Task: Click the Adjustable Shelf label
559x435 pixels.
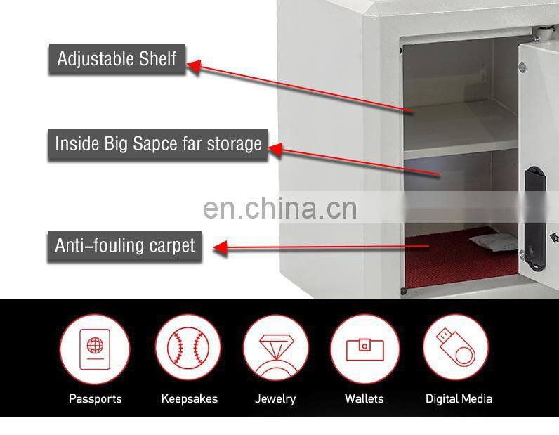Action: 117,58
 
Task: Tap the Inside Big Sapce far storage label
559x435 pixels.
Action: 158,144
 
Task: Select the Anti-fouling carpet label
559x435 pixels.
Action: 124,246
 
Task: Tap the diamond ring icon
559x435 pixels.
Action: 275,347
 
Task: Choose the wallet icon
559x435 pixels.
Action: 364,347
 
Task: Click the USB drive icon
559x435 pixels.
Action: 456,347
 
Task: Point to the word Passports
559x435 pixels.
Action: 95,398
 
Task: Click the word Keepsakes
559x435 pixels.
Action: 190,398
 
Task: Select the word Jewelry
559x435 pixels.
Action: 275,398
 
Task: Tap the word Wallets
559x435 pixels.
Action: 364,398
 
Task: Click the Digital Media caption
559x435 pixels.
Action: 459,398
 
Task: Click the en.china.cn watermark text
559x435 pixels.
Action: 279,209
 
